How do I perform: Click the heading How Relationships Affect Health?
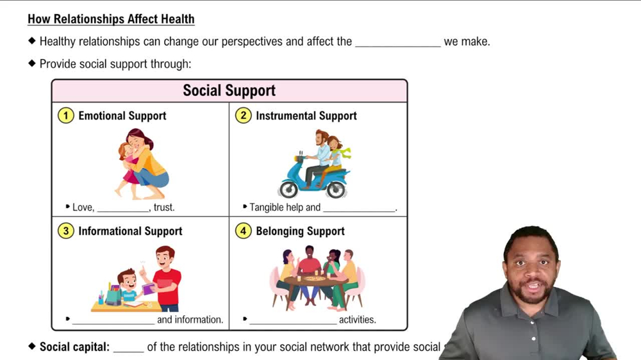[x=111, y=19]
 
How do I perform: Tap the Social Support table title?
[x=229, y=90]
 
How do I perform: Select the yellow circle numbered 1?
[x=65, y=116]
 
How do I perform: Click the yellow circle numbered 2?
[x=243, y=116]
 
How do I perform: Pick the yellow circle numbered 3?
[x=65, y=231]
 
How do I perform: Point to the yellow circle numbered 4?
[x=243, y=231]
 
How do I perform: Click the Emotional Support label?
[x=122, y=116]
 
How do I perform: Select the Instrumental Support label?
[x=306, y=116]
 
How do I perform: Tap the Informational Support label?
[x=130, y=231]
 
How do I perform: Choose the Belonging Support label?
[x=300, y=231]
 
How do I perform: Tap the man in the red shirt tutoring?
[x=166, y=275]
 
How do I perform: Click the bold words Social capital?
[x=74, y=347]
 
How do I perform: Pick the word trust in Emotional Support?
[x=163, y=208]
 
